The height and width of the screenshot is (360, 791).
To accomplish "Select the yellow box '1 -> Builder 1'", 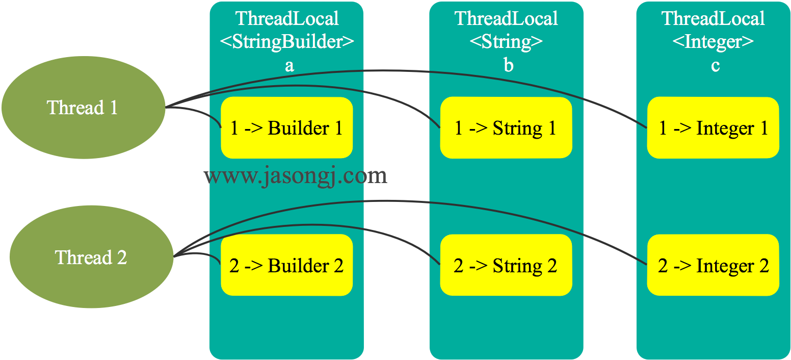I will [286, 128].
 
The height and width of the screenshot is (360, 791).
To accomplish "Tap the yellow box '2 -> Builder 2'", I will [286, 265].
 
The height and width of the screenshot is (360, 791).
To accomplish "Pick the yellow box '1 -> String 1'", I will [506, 128].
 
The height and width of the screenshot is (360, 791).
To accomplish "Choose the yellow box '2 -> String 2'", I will [506, 265].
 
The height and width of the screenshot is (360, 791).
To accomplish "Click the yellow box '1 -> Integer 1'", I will [713, 128].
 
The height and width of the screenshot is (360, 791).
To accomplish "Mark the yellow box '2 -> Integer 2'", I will [713, 265].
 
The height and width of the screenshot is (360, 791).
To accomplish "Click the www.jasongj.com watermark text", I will [296, 176].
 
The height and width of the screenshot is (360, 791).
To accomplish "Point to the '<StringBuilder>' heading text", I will [287, 42].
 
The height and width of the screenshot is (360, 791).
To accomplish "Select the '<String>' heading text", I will [506, 42].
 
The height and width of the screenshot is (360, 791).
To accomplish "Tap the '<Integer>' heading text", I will [713, 42].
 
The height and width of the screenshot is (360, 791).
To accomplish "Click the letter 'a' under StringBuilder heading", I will [289, 66].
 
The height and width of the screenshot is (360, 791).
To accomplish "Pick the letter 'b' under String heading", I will [508, 66].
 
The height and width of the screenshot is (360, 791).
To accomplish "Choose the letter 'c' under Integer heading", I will [715, 66].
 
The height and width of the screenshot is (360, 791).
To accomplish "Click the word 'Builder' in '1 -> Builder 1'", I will [299, 128].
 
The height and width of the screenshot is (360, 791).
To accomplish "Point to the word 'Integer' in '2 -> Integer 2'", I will [725, 266].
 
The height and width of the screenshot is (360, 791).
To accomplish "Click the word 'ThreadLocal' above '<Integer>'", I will [713, 19].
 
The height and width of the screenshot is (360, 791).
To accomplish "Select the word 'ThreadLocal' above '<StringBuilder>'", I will [287, 19].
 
